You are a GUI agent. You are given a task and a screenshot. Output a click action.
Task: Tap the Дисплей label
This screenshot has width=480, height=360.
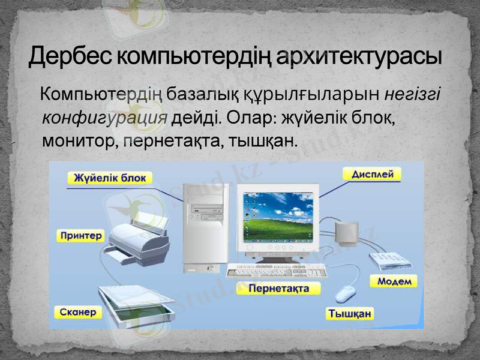click(373, 175)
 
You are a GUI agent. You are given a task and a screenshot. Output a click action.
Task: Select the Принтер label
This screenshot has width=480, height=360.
click(82, 235)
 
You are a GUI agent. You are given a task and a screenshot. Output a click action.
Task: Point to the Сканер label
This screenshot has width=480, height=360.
click(78, 312)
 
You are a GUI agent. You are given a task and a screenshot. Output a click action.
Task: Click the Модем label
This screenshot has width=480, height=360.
click(394, 281)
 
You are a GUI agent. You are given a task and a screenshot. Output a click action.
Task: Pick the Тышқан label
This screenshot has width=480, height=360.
click(350, 313)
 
